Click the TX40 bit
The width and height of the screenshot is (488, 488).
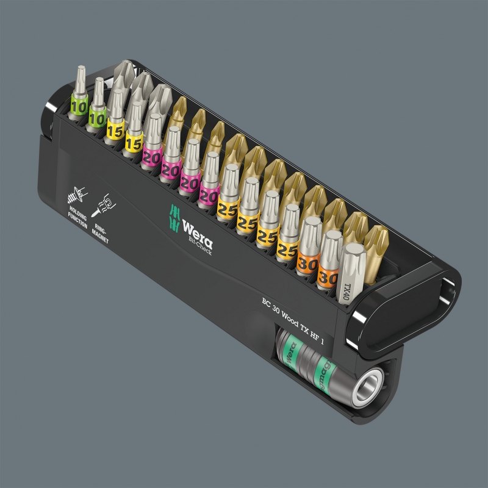pos(350,273)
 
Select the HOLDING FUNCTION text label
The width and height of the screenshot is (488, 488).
pos(77,217)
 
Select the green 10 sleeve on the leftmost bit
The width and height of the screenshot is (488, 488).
pos(78,106)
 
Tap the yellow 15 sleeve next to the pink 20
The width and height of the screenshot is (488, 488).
pos(133,141)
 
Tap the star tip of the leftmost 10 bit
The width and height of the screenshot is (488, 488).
pos(78,76)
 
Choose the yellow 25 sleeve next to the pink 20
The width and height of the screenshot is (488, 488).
pos(227,208)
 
